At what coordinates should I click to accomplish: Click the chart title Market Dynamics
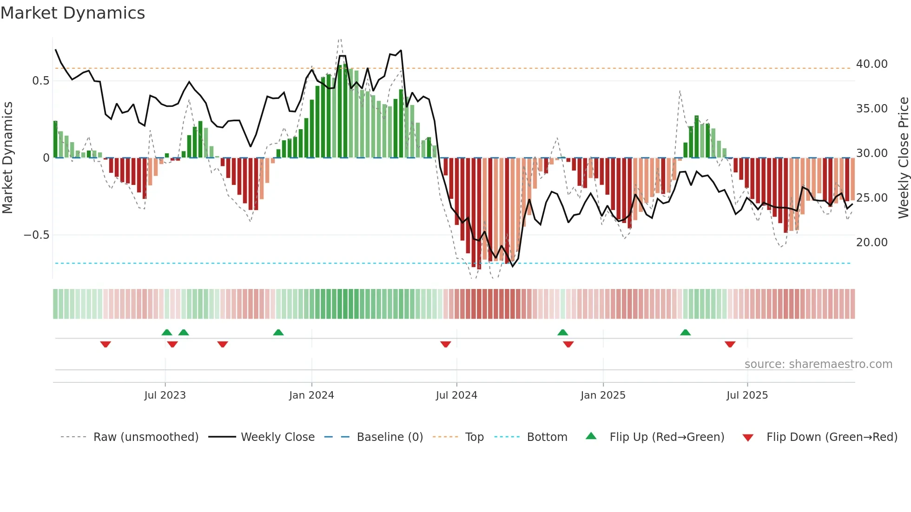pyautogui.click(x=73, y=13)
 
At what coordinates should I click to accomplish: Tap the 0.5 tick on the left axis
pyautogui.click(x=40, y=81)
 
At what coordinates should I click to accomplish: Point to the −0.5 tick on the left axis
pyautogui.click(x=37, y=235)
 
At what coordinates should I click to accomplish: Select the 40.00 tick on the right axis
pyautogui.click(x=871, y=64)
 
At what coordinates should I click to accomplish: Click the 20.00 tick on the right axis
pyautogui.click(x=871, y=243)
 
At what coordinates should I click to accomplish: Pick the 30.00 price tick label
pyautogui.click(x=871, y=153)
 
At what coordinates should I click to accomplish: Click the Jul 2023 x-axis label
pyautogui.click(x=165, y=395)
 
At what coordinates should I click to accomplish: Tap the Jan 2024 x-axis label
pyautogui.click(x=311, y=395)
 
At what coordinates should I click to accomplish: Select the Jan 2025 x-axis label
pyautogui.click(x=603, y=395)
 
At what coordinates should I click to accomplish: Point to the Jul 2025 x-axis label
pyautogui.click(x=747, y=395)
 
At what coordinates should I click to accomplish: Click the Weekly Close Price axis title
pyautogui.click(x=903, y=158)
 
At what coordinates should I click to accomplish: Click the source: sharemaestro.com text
pyautogui.click(x=818, y=364)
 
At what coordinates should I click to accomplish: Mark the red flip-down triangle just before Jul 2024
pyautogui.click(x=446, y=344)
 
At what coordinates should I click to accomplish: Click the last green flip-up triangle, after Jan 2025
pyautogui.click(x=685, y=332)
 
